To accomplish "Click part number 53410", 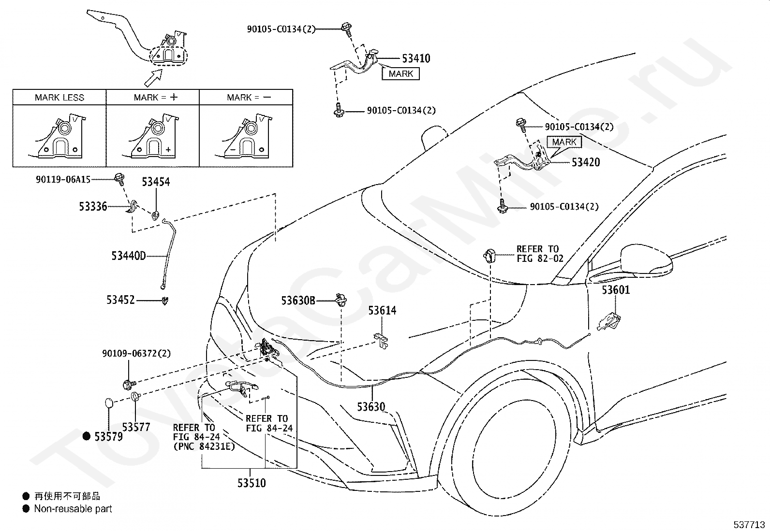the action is click(416, 58).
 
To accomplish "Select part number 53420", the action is click(585, 162).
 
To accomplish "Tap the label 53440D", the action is click(129, 256).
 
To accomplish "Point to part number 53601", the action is click(616, 290).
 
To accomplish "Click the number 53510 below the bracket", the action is click(252, 483).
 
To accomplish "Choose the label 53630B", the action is click(298, 301).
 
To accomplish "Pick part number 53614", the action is click(382, 311).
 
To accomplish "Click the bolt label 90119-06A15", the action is click(63, 179).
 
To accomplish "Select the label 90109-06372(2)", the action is click(136, 353).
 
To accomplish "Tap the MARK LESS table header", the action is click(59, 98).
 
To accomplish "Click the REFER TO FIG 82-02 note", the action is click(540, 254).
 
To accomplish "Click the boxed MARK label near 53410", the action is click(401, 74).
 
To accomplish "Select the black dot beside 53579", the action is click(86, 436).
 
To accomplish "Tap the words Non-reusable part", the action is click(73, 509).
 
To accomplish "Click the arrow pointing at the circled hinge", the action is click(153, 78).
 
